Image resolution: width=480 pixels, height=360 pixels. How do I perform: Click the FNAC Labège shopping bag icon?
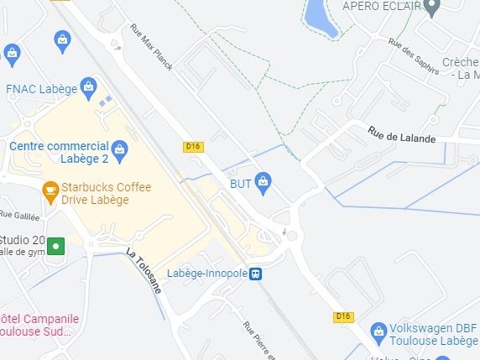89,86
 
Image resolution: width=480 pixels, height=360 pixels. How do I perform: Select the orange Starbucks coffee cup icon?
50,190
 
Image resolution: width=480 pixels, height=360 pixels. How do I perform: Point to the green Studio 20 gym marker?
56,246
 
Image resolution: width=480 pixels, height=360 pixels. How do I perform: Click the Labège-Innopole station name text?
207,274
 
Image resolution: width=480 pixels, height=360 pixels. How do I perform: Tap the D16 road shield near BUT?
193,147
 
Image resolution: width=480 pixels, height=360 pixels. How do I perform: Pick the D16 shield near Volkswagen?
342,316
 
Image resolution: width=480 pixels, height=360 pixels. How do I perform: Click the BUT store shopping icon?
263,180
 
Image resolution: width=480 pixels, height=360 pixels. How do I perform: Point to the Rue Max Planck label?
151,46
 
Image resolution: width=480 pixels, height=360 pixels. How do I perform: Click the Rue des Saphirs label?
414,55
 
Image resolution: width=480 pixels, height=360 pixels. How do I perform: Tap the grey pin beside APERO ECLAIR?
432,9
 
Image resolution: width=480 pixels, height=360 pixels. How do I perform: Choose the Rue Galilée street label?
19,216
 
